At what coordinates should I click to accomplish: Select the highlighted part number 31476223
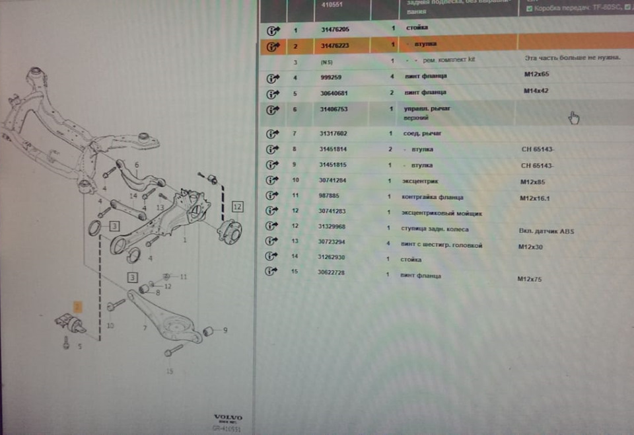[335, 46]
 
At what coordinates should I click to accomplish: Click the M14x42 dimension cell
[536, 91]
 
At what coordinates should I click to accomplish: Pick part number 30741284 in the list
[334, 180]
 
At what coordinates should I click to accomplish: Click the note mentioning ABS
[547, 231]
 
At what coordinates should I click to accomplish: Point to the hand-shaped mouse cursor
[574, 118]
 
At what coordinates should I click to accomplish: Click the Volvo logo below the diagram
[228, 418]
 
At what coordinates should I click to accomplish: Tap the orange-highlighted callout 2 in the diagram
[77, 307]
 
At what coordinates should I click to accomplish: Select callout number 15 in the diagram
[170, 371]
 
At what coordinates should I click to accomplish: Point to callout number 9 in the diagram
[225, 331]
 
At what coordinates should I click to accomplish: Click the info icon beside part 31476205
[273, 31]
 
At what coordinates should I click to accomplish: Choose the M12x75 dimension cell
[530, 279]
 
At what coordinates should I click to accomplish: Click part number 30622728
[334, 273]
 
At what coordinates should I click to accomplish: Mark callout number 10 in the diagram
[110, 325]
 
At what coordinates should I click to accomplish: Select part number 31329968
[334, 227]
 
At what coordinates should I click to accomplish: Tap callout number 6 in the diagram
[137, 165]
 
